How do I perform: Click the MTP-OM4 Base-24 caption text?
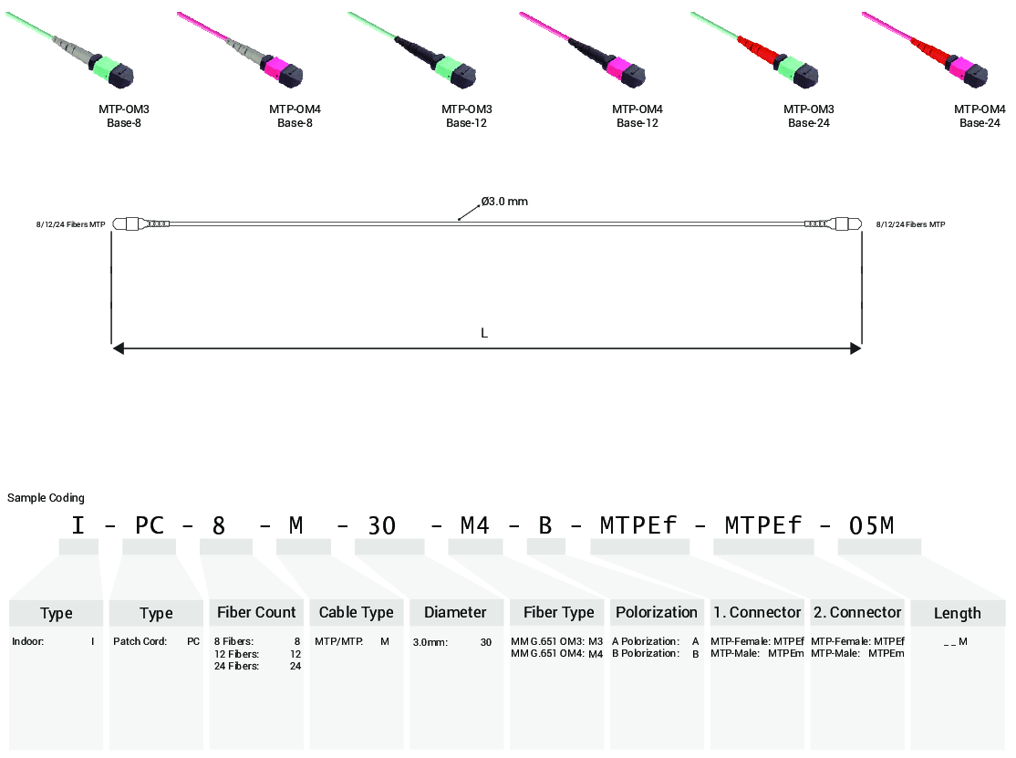(x=980, y=116)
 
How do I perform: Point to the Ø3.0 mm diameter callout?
(x=504, y=202)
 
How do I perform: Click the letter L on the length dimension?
(x=484, y=333)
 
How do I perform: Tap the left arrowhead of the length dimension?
(x=118, y=348)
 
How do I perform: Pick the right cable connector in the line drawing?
(x=834, y=223)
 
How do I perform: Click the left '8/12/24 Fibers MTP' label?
(x=71, y=224)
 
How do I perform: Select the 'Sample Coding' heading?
(x=46, y=498)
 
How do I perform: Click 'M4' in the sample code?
(x=476, y=525)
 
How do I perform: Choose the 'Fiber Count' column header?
(x=256, y=612)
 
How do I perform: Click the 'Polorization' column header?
(x=657, y=612)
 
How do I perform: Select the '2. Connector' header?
(x=857, y=612)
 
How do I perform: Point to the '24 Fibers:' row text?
(x=236, y=666)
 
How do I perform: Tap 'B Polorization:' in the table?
(x=646, y=653)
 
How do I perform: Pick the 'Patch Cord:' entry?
(x=140, y=641)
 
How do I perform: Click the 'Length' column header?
(x=958, y=613)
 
